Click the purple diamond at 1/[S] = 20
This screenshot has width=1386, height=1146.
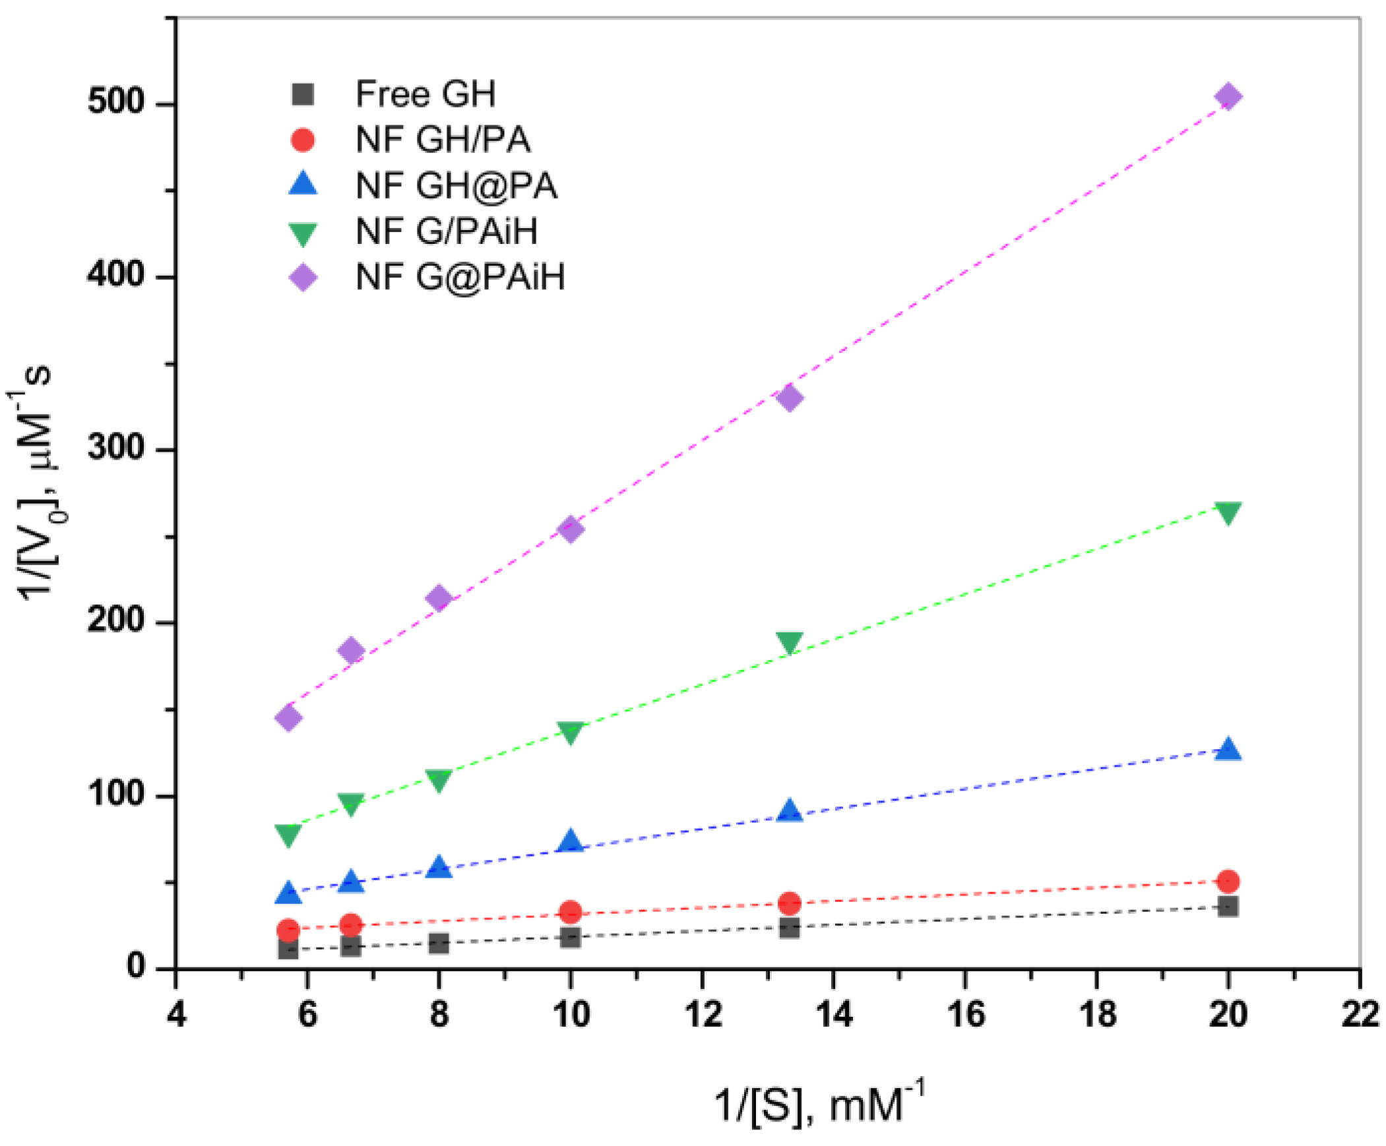tap(1228, 97)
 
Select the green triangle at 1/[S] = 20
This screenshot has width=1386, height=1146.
tap(1228, 512)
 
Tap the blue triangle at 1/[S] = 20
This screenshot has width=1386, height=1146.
tap(1228, 750)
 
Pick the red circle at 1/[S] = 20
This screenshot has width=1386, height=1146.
tap(1228, 881)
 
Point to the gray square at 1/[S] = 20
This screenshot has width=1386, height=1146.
tap(1228, 907)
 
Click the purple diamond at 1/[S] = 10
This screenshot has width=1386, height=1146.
tap(570, 529)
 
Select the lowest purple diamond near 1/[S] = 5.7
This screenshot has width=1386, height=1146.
tap(288, 717)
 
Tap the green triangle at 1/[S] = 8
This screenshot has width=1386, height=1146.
tap(438, 780)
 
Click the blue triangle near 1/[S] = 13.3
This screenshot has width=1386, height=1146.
tap(790, 811)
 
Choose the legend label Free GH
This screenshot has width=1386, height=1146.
tap(425, 94)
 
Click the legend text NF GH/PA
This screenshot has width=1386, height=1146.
tap(443, 140)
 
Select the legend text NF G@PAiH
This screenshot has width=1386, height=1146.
tap(460, 276)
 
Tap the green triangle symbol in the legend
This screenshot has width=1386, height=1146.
tap(303, 233)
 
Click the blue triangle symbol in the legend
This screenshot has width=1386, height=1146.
tap(303, 183)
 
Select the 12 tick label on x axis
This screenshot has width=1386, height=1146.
tap(703, 1014)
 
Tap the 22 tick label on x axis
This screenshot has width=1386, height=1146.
tap(1360, 1014)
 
